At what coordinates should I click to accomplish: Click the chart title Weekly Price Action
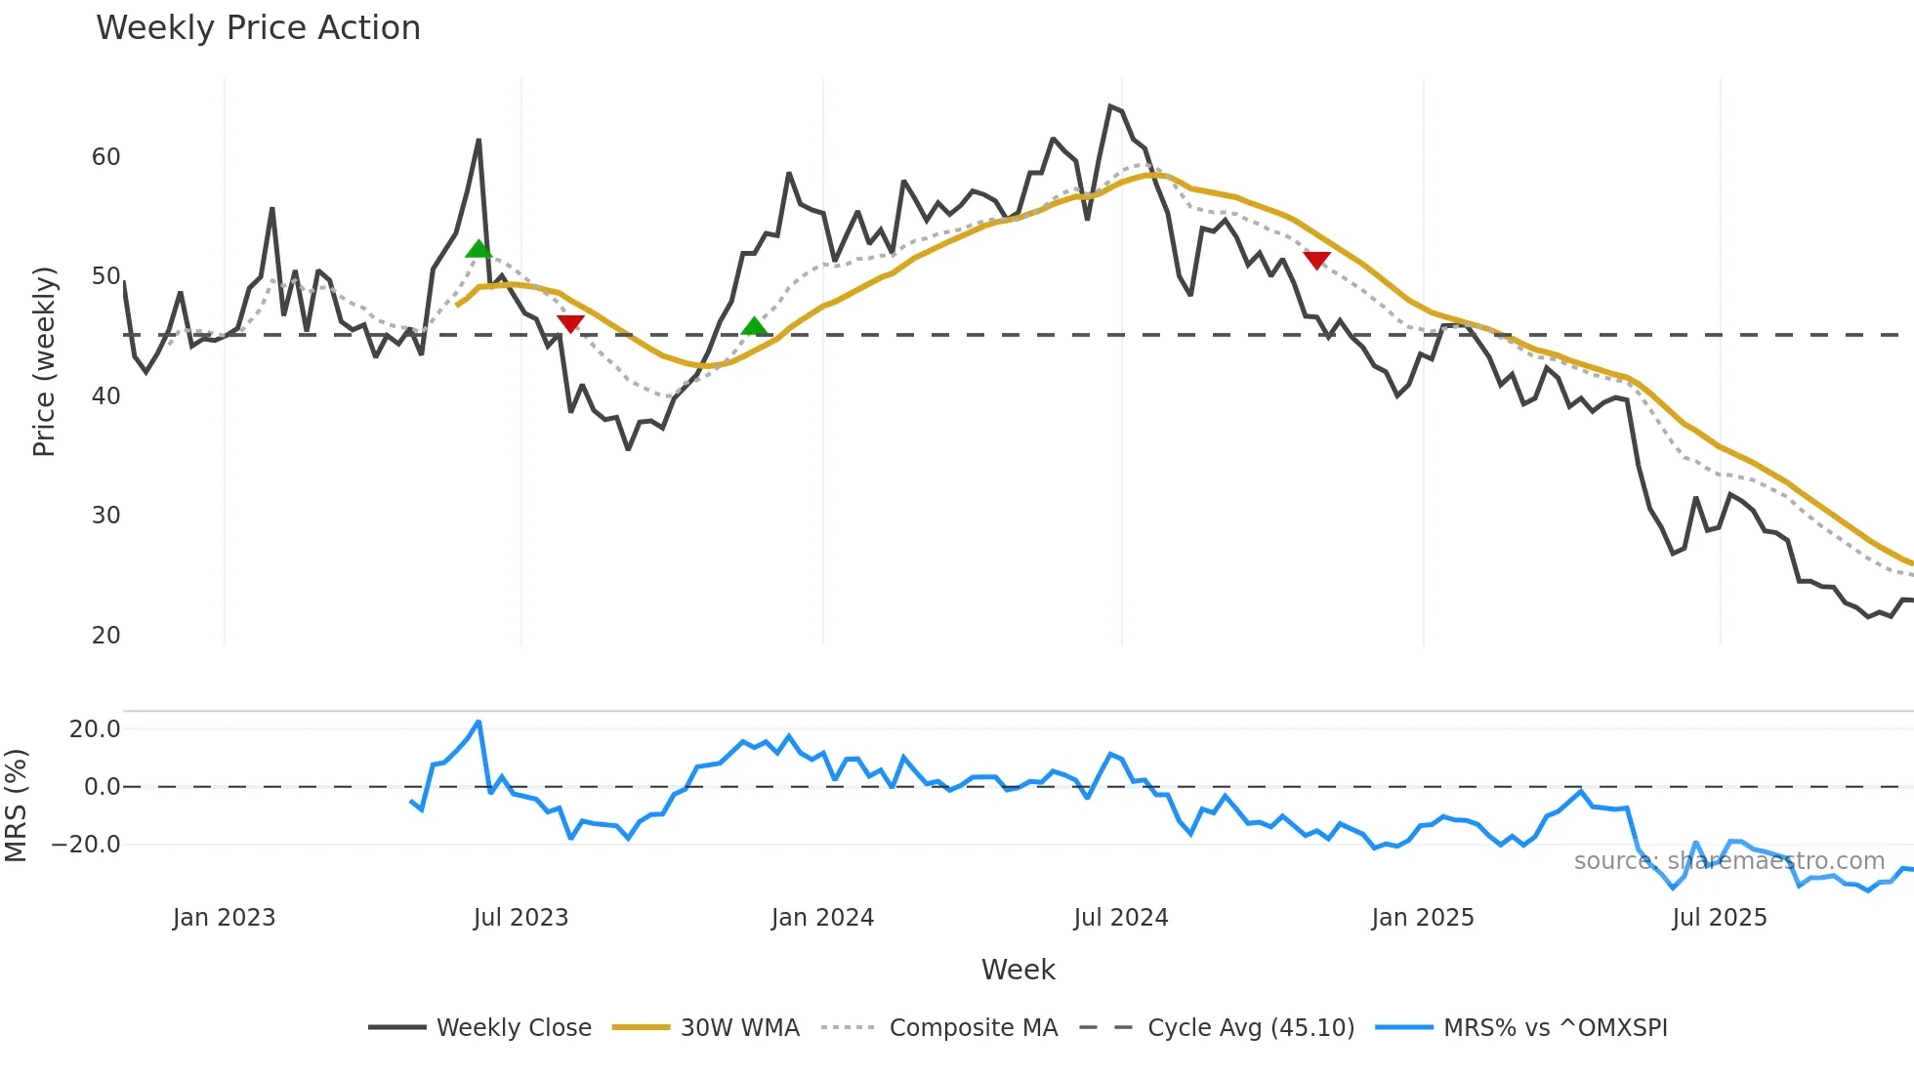258,28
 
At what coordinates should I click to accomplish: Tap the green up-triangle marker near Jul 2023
478,249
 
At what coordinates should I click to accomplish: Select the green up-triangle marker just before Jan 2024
754,326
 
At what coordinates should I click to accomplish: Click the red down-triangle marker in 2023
570,323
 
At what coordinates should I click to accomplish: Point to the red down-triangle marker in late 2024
1316,260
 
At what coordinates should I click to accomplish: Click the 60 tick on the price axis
105,157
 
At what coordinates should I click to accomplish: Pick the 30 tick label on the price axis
105,516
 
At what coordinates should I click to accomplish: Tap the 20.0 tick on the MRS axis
95,729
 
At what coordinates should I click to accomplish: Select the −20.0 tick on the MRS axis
87,845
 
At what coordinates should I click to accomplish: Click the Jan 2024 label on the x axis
822,918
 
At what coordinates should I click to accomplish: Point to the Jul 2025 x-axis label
1720,918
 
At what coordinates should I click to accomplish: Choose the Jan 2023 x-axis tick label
224,918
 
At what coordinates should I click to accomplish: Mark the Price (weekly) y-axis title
45,361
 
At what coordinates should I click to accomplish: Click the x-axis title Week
1018,970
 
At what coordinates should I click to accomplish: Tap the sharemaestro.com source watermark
1728,861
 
